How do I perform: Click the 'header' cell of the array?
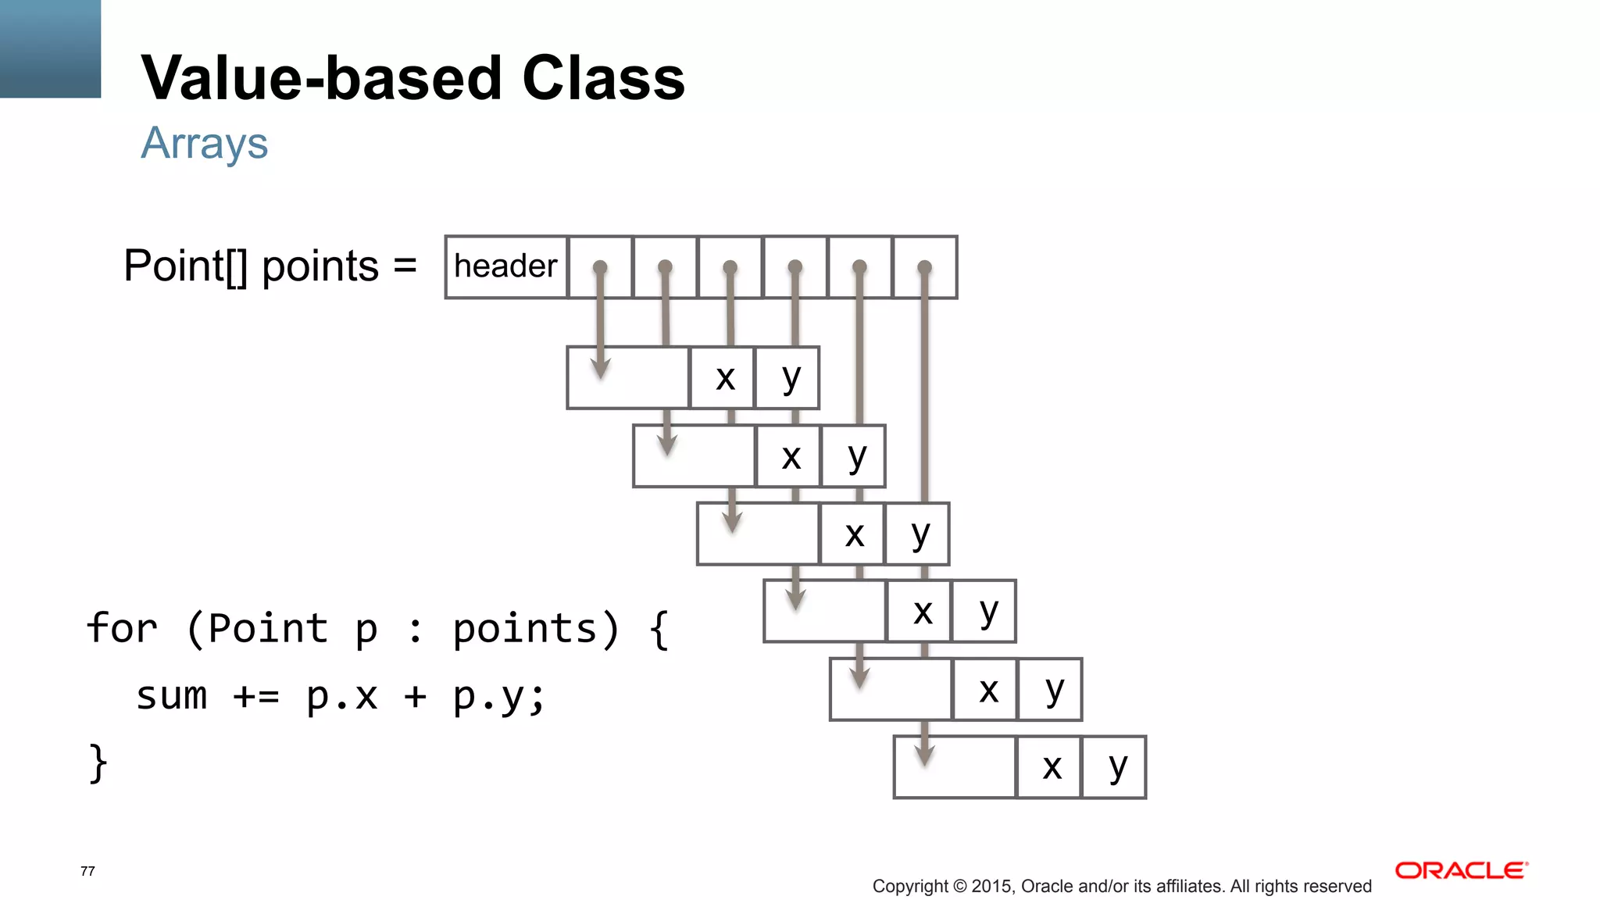coord(505,267)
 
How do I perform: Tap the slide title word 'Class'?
coord(603,79)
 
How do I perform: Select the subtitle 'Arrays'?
coord(205,144)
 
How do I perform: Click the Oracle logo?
coord(1460,870)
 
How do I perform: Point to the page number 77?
coord(87,871)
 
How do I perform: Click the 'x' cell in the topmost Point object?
coord(725,378)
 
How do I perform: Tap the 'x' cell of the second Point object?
coord(791,457)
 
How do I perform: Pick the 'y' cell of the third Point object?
coord(920,534)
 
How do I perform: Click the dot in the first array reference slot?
coord(600,267)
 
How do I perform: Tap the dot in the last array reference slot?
coord(924,267)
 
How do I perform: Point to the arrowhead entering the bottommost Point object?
coord(924,756)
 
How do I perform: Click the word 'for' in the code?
coord(122,628)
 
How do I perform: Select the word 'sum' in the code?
coord(172,695)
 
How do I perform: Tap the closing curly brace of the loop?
coord(98,762)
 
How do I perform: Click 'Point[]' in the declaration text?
coord(186,266)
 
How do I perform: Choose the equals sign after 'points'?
coord(405,266)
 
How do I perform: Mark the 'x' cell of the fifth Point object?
coord(988,690)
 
